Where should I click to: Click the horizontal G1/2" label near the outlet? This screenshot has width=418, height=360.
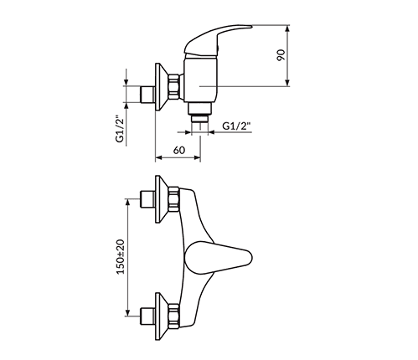pos(238,126)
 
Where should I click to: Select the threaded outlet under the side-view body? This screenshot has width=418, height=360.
pos(200,121)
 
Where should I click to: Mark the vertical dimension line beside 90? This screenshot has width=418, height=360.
pos(287,55)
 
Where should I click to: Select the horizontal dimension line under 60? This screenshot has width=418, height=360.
pos(179,158)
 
